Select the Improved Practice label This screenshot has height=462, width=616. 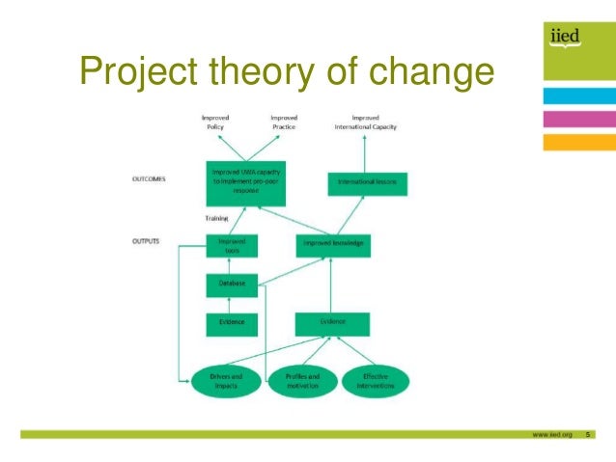pyautogui.click(x=284, y=122)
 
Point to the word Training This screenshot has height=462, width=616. pyautogui.click(x=217, y=218)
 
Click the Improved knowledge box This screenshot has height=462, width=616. pyautogui.click(x=331, y=243)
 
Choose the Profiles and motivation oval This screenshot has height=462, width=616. pyautogui.click(x=301, y=380)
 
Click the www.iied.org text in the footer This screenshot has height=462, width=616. pyautogui.click(x=551, y=435)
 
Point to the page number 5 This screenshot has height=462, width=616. pyautogui.click(x=587, y=435)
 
